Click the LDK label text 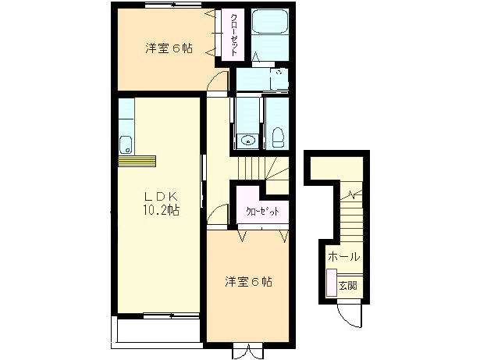[161, 195]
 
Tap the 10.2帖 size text [161, 210]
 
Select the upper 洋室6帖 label [168, 48]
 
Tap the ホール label [343, 257]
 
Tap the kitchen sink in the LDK [126, 144]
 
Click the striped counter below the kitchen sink [137, 161]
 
